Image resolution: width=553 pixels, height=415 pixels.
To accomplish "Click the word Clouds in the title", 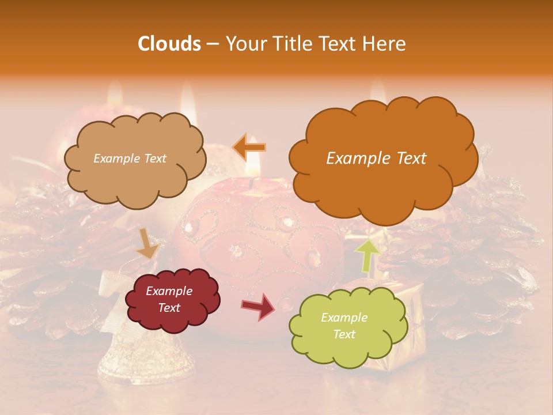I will pyautogui.click(x=169, y=44).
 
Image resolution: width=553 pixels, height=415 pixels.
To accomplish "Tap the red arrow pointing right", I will pyautogui.click(x=259, y=306).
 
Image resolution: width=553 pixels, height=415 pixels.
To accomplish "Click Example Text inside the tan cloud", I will pyautogui.click(x=130, y=159).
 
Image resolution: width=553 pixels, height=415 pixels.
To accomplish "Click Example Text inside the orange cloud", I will pyautogui.click(x=376, y=159).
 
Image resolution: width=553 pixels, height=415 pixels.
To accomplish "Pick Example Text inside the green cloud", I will pyautogui.click(x=344, y=326).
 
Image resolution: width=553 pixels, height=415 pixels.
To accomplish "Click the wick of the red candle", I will pyautogui.click(x=252, y=183).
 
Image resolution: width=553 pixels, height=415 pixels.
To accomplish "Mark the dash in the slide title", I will pyautogui.click(x=212, y=44).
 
